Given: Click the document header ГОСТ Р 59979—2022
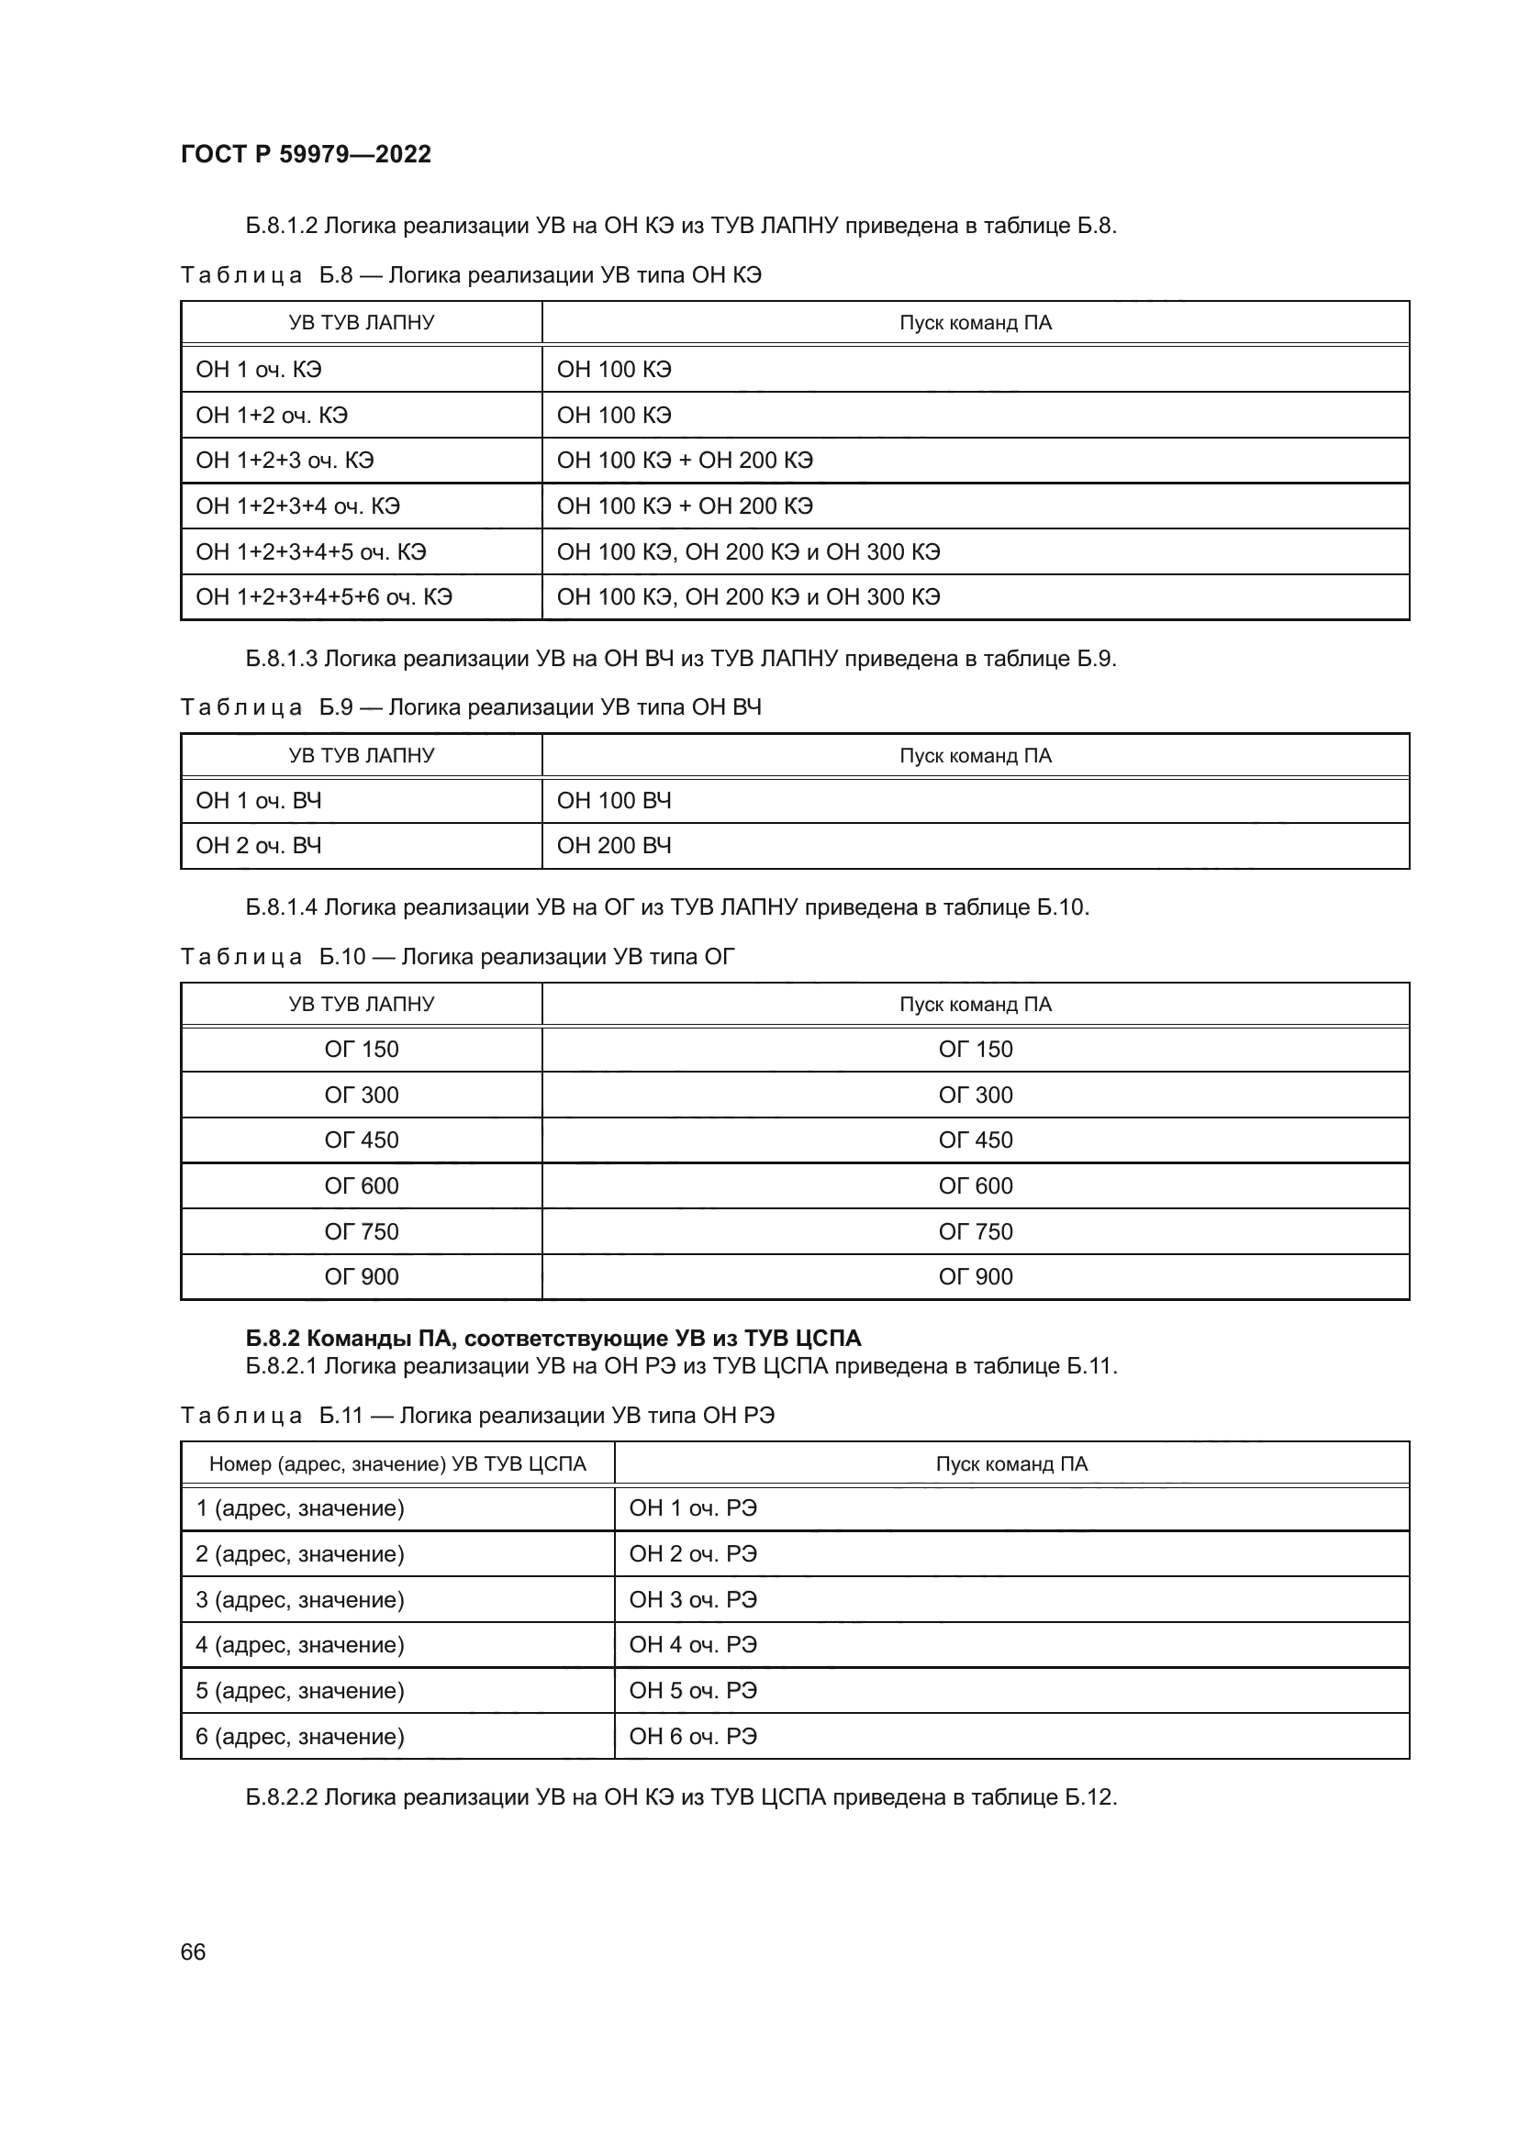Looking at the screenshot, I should [x=306, y=154].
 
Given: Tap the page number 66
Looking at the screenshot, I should [x=193, y=1951].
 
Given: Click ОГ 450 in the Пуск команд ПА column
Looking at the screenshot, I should [x=975, y=1140].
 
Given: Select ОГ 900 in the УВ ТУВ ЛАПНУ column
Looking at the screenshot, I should [x=361, y=1277].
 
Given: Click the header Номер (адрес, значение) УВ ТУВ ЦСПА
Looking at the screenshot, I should [x=397, y=1464].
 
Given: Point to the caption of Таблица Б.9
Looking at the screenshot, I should [x=470, y=707].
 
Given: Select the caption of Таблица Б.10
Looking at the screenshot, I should [x=457, y=957].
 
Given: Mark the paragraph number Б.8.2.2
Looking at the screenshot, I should [x=282, y=1797].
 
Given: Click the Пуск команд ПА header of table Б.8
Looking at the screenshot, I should [x=975, y=323].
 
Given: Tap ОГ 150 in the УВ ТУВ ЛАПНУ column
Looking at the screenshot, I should [x=361, y=1050].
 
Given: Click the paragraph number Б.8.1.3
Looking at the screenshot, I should [x=282, y=659].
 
